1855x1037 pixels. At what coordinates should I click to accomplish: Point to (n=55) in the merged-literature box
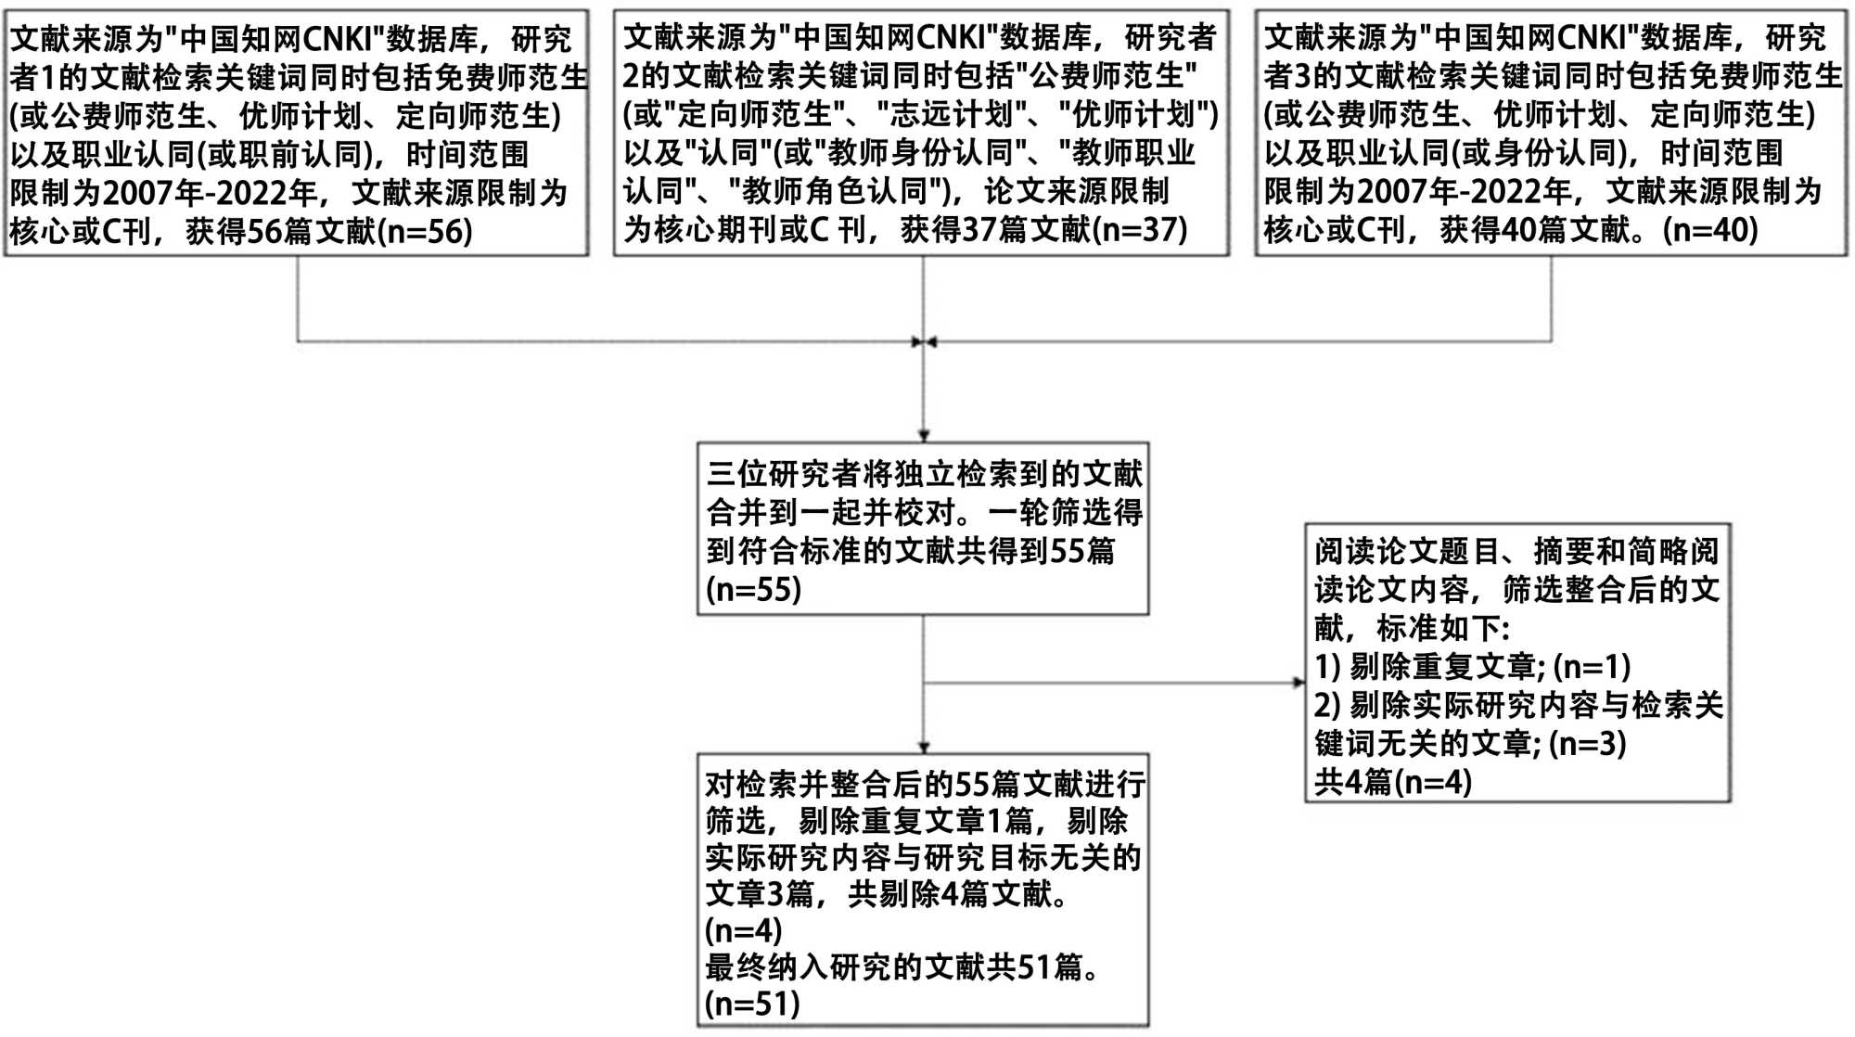coord(753,590)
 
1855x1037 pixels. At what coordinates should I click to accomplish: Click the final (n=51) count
coord(752,1004)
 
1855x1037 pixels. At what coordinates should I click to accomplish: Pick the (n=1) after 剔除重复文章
coord(1592,666)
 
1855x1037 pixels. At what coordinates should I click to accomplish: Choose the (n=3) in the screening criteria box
coord(1587,743)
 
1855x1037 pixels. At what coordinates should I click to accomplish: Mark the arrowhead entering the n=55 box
coord(923,435)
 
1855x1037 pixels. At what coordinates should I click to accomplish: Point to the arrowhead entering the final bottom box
coord(923,747)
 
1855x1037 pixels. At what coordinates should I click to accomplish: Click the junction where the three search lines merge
coord(923,342)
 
